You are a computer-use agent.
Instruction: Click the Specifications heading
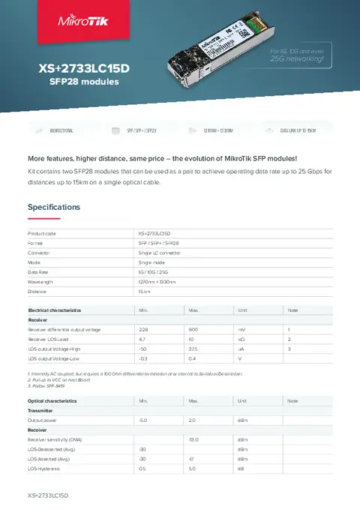click(54, 207)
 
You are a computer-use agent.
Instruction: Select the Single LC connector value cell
click(159, 253)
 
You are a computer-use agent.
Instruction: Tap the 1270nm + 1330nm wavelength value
click(157, 282)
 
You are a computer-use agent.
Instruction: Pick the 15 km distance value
click(145, 292)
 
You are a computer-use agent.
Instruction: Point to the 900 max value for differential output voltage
click(193, 329)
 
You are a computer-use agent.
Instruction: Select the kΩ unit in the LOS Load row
click(241, 339)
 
